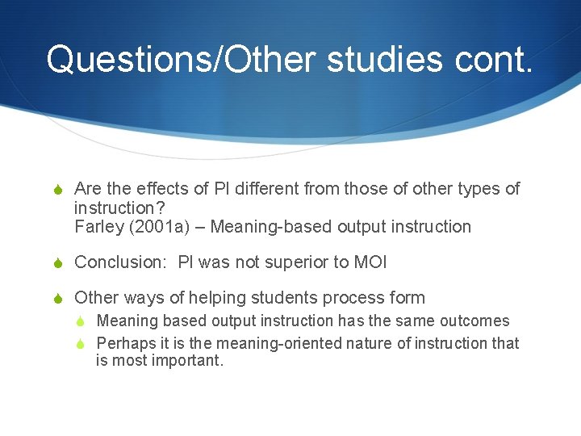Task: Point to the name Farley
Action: pyautogui.click(x=100, y=227)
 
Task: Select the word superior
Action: pyautogui.click(x=289, y=262)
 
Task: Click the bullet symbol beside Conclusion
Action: pyautogui.click(x=56, y=262)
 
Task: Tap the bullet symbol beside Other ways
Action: pyautogui.click(x=56, y=298)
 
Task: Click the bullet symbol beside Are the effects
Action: pyautogui.click(x=56, y=190)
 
